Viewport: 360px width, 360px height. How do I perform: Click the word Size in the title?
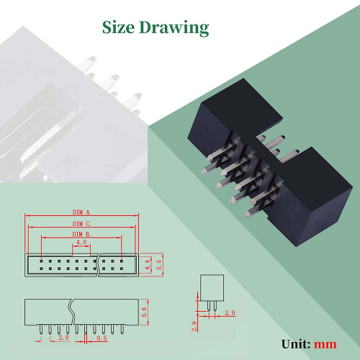pyautogui.click(x=118, y=27)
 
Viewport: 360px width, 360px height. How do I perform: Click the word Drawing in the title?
pyautogui.click(x=174, y=28)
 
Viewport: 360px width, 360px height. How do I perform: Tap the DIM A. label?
pyautogui.click(x=82, y=212)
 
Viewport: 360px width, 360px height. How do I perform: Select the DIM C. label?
pyautogui.click(x=82, y=224)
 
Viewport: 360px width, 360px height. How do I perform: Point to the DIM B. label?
pyautogui.click(x=81, y=234)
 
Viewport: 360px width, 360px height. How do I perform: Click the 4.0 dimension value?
pyautogui.click(x=81, y=242)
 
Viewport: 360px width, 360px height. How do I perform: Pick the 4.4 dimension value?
pyautogui.click(x=148, y=264)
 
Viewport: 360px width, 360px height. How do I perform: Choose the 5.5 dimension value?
pyautogui.click(x=159, y=264)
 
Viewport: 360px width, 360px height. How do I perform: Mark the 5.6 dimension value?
pyautogui.click(x=144, y=312)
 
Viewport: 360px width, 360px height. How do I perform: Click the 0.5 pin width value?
pyautogui.click(x=102, y=338)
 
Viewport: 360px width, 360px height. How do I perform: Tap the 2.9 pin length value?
pyautogui.click(x=194, y=326)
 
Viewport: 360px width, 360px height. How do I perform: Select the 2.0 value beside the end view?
pyautogui.click(x=230, y=313)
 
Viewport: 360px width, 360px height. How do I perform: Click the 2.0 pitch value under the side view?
pyautogui.click(x=63, y=338)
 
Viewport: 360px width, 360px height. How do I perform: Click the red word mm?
pyautogui.click(x=325, y=344)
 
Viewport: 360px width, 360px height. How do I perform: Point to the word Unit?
pyautogui.click(x=296, y=344)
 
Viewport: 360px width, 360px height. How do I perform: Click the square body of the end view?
pyautogui.click(x=212, y=288)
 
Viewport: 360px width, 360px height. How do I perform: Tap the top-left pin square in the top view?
pyautogui.click(x=41, y=261)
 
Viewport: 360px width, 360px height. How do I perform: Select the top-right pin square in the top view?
pyautogui.click(x=122, y=261)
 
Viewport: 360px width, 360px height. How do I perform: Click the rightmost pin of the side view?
pyautogui.click(x=122, y=330)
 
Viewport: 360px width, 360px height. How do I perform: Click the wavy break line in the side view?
pyautogui.click(x=71, y=312)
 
